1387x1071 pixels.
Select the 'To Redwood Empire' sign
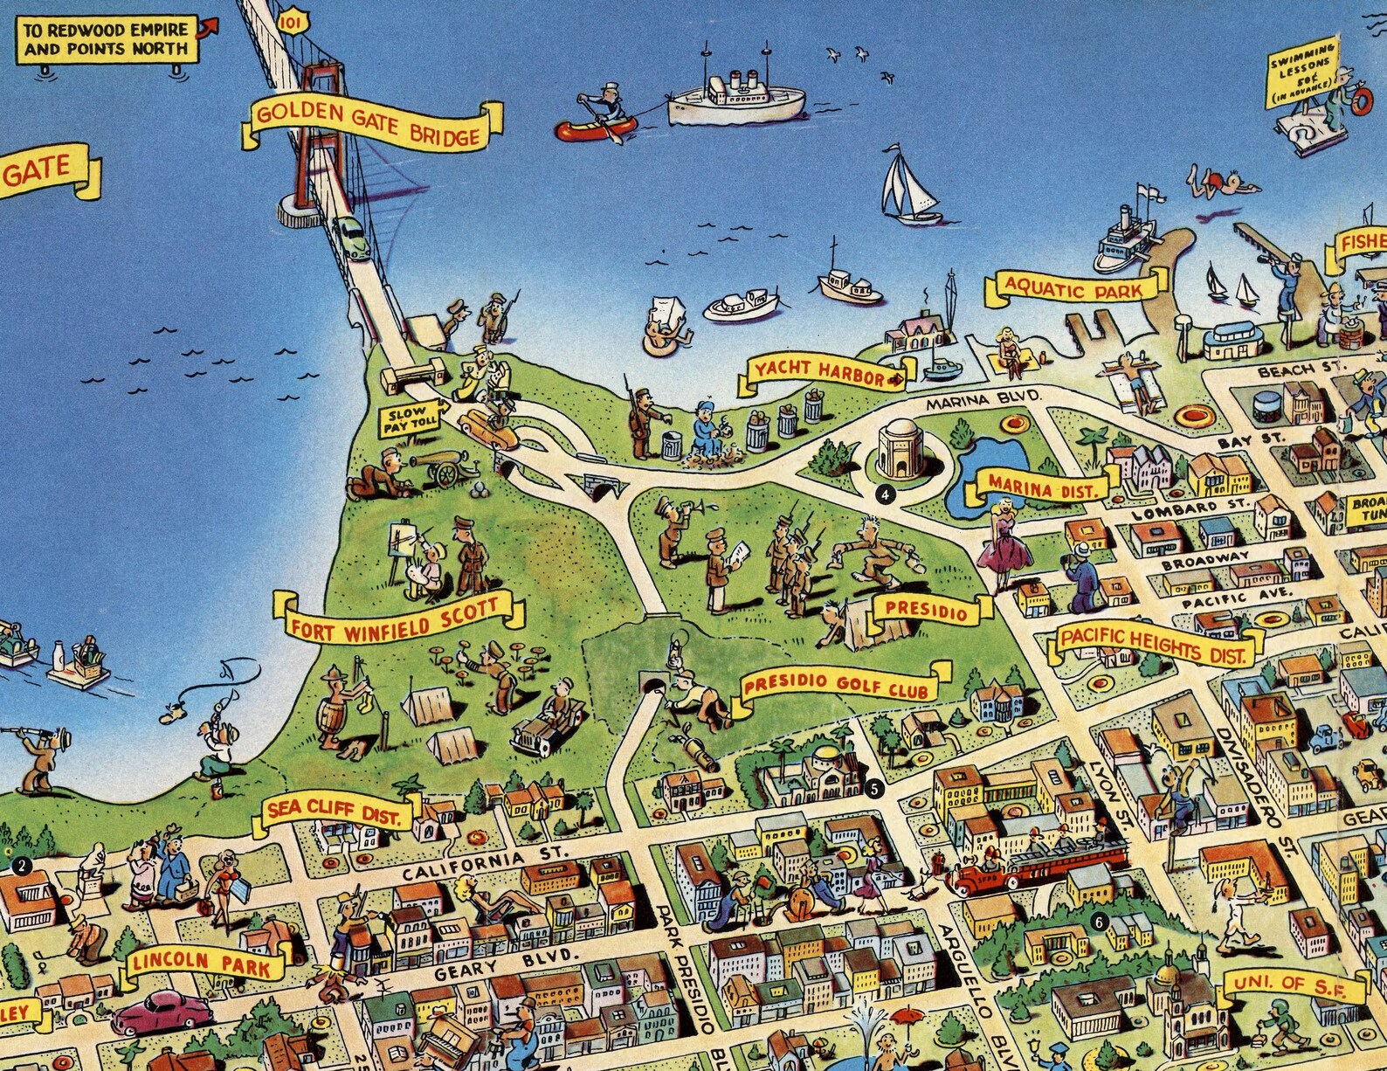[x=106, y=39]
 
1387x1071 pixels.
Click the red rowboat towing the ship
[x=596, y=128]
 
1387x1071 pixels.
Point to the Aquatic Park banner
[x=1074, y=287]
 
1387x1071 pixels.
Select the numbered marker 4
[x=887, y=494]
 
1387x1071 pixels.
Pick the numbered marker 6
[x=1098, y=921]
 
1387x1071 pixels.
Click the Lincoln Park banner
[x=205, y=964]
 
